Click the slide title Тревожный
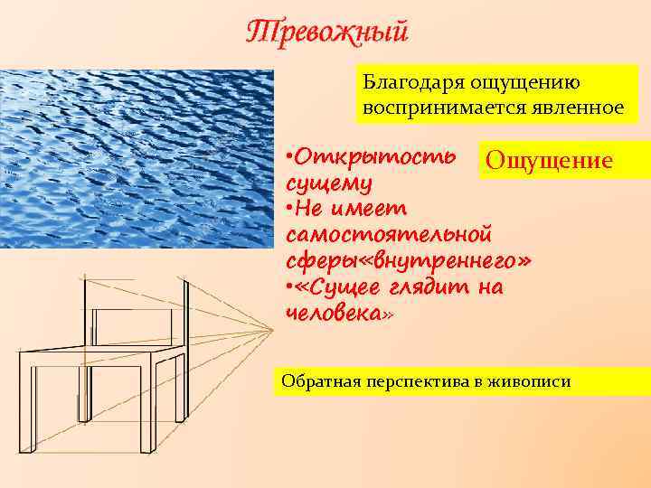coord(328,33)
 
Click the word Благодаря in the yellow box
coord(407,82)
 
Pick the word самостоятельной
coord(389,235)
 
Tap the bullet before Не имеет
coord(288,209)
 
